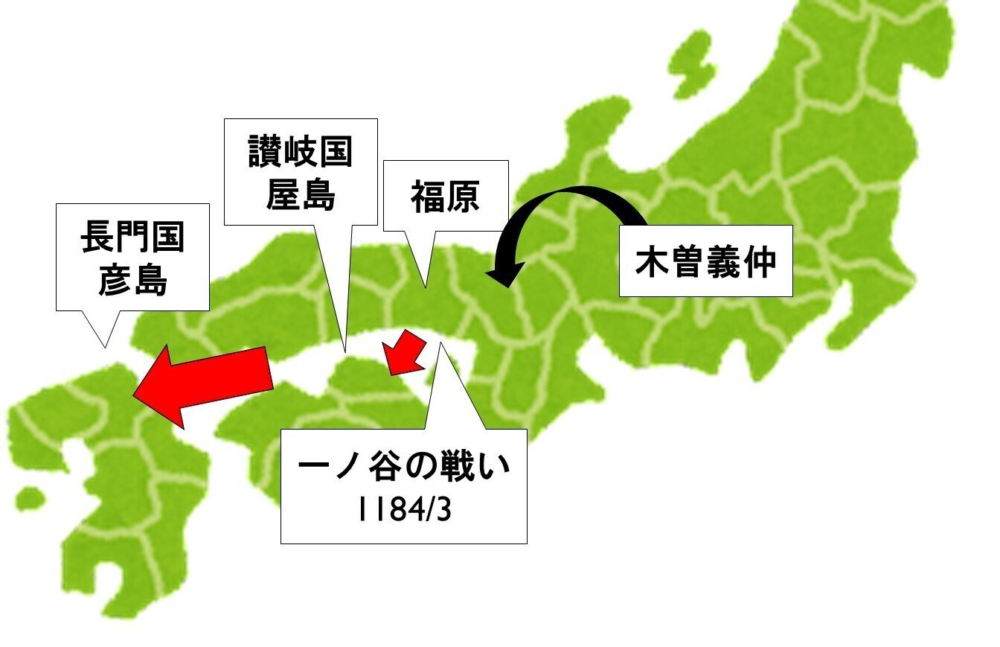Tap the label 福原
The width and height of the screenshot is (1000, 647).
point(445,197)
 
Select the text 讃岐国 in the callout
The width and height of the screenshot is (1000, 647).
point(300,153)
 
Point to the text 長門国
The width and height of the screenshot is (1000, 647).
point(132,242)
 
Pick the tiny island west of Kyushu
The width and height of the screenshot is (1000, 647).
point(28,497)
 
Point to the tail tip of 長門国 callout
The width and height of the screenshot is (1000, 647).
point(105,347)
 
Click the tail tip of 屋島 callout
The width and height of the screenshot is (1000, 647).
point(345,351)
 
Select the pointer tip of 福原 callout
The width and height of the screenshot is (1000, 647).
point(425,287)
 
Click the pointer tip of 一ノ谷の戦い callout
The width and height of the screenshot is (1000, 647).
point(440,343)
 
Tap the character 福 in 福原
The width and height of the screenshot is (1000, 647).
point(428,197)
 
